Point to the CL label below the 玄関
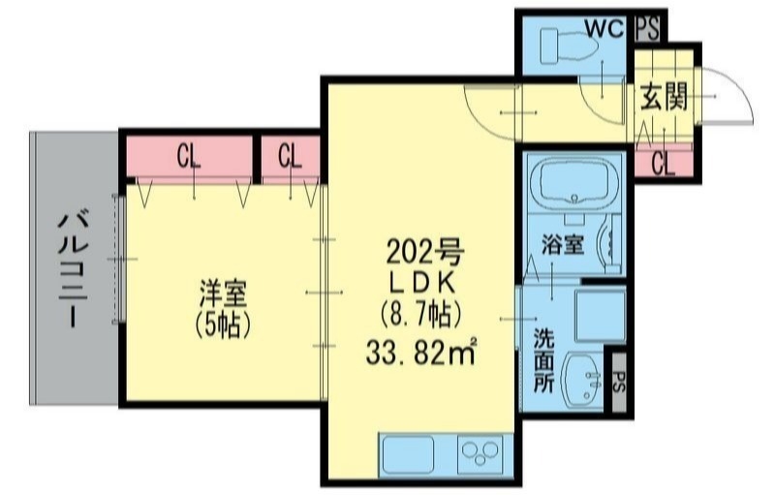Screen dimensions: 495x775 (x=663, y=164)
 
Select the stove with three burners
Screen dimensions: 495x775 (x=480, y=453)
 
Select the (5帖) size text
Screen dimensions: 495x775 (x=224, y=325)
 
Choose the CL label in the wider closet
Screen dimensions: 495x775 (x=190, y=156)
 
